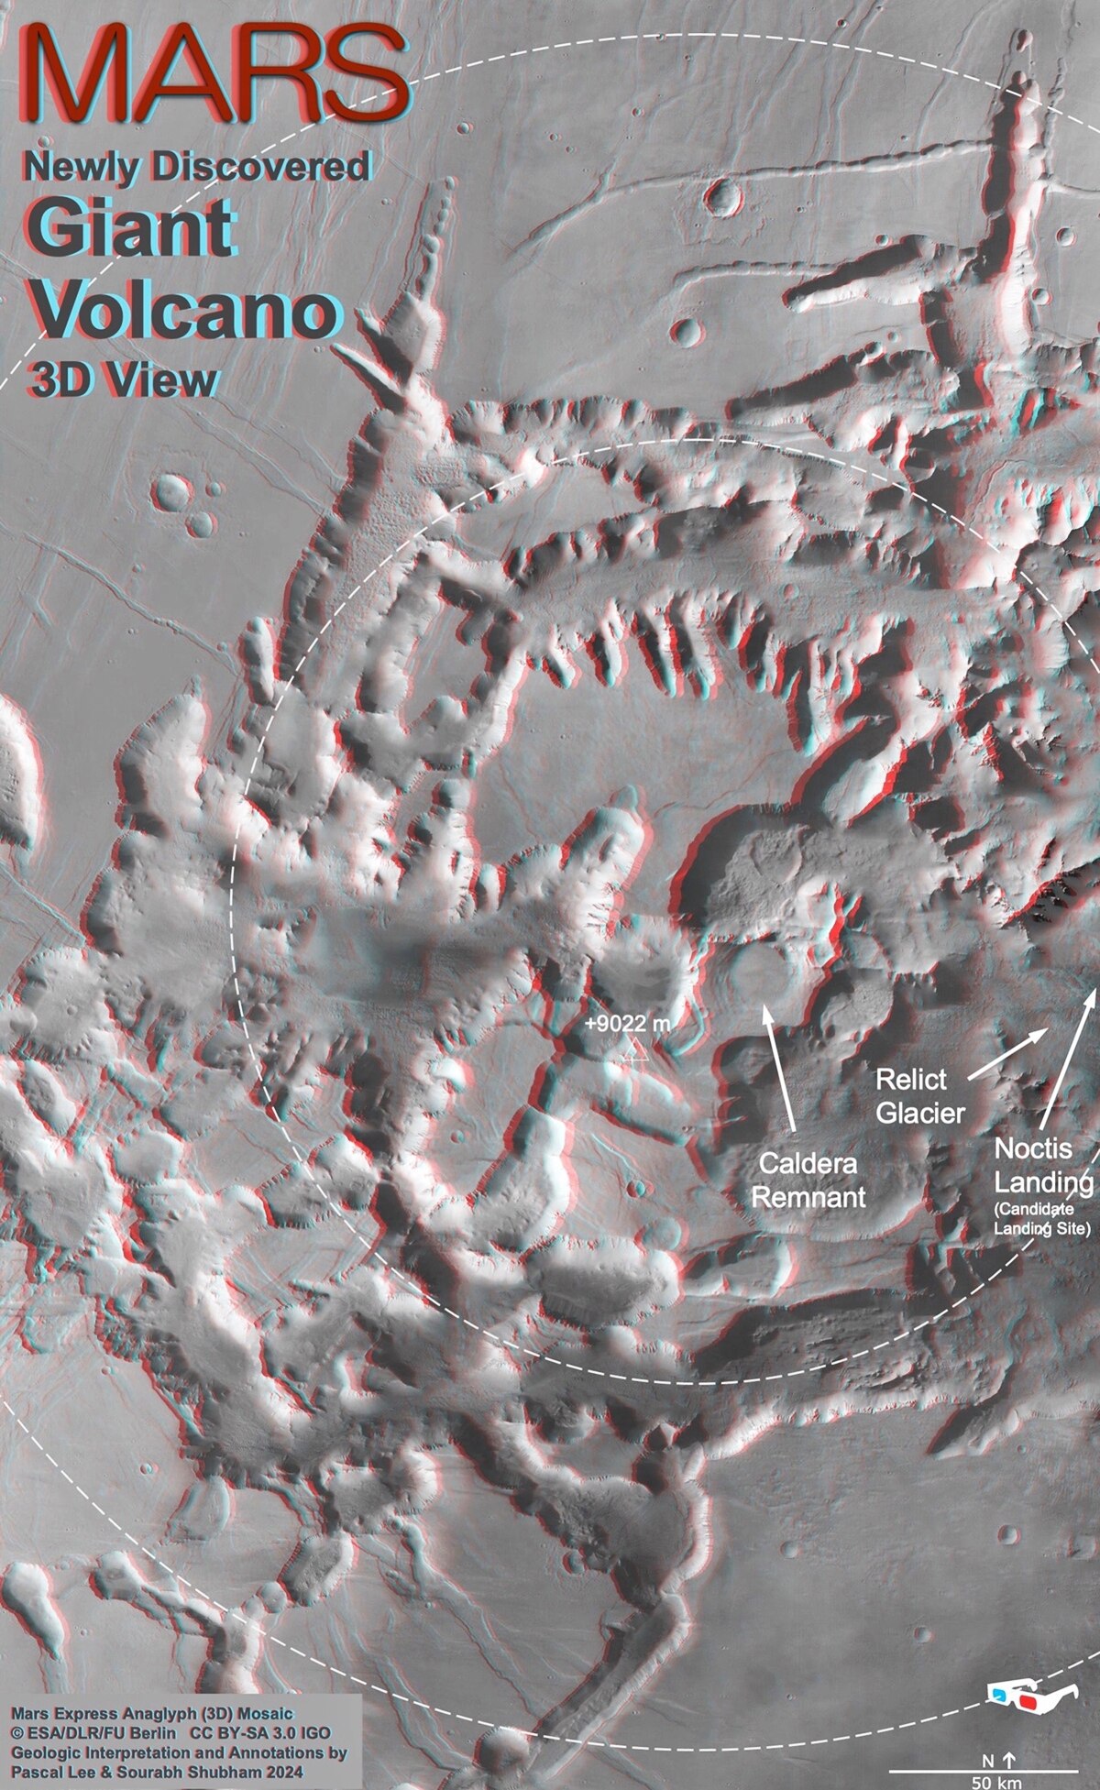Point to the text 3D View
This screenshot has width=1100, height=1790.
pos(124,380)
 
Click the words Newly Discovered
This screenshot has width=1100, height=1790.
pos(197,167)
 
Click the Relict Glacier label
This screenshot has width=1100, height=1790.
pos(919,1095)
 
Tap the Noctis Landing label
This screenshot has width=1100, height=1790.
pos(1044,1165)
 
